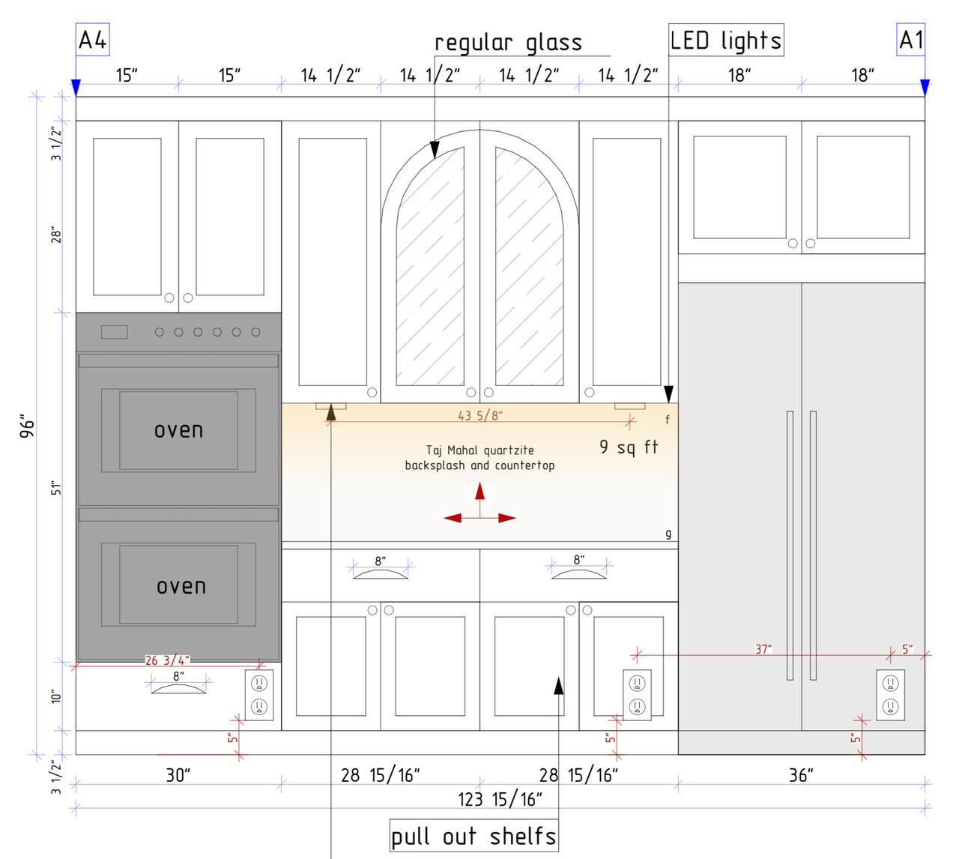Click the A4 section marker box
tap(93, 40)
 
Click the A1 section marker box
tap(911, 40)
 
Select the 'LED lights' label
tap(726, 40)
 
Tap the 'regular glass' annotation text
tap(509, 43)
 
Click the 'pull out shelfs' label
tap(474, 836)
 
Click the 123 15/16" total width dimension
tap(500, 800)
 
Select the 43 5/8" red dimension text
tap(480, 415)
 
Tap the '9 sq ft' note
tap(629, 447)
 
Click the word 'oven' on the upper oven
tap(179, 430)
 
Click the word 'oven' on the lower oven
tap(181, 587)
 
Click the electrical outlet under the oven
tap(259, 695)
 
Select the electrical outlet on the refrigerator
tap(890, 695)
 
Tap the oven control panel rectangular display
tap(114, 332)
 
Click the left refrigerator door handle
tap(790, 546)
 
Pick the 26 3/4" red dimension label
tap(168, 660)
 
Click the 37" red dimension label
tap(763, 649)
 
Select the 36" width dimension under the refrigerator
tap(801, 775)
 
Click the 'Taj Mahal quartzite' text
tap(480, 450)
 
